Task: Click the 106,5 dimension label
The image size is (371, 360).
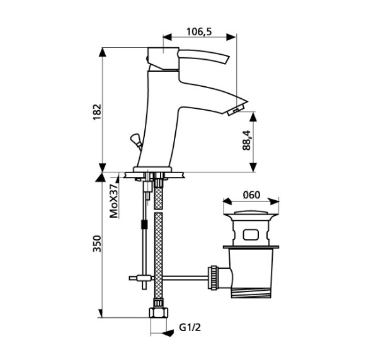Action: click(x=199, y=31)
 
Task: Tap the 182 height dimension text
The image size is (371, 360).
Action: click(x=97, y=112)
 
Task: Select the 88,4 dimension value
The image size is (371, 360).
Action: click(x=246, y=140)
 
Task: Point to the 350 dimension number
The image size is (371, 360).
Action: click(x=97, y=244)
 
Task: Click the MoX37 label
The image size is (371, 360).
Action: click(x=114, y=201)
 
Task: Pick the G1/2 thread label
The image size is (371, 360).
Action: click(x=190, y=327)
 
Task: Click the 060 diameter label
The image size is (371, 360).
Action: click(x=251, y=195)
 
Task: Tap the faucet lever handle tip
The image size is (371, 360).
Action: click(x=227, y=60)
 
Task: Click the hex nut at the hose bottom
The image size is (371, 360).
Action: click(x=159, y=313)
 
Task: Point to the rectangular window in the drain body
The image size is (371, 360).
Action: click(x=251, y=235)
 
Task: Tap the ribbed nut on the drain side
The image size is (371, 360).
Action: click(x=214, y=278)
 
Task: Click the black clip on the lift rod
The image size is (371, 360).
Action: click(x=144, y=224)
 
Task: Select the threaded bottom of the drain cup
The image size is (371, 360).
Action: click(x=251, y=293)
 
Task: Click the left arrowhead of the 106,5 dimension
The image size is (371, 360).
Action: click(x=167, y=37)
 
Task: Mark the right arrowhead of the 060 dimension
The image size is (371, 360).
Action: click(x=275, y=201)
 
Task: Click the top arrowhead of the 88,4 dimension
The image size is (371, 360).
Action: click(x=253, y=117)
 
